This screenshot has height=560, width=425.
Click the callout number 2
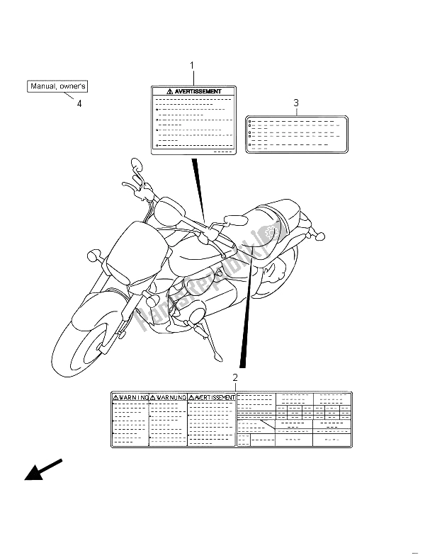[234, 378]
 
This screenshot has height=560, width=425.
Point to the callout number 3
[296, 103]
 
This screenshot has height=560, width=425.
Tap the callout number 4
[79, 103]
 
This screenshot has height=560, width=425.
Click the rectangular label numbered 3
[296, 135]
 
